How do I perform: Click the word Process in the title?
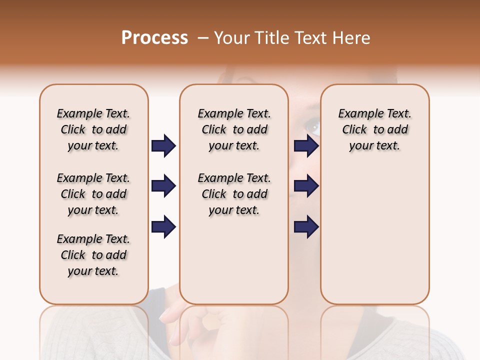tap(154, 38)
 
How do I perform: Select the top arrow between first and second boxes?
tap(163, 146)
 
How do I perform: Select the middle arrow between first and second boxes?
tap(163, 186)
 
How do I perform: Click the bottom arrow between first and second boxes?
tap(163, 227)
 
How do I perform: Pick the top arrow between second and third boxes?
tap(306, 146)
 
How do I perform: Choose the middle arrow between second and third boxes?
tap(306, 186)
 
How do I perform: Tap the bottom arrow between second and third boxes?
tap(306, 227)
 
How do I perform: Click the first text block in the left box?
tap(93, 129)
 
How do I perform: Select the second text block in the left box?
tap(93, 194)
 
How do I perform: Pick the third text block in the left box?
tap(93, 255)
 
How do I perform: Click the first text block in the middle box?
tap(234, 129)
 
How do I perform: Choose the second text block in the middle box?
tap(234, 194)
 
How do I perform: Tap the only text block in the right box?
tap(374, 129)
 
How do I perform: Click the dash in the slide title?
tap(203, 38)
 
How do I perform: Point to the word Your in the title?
tap(230, 38)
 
